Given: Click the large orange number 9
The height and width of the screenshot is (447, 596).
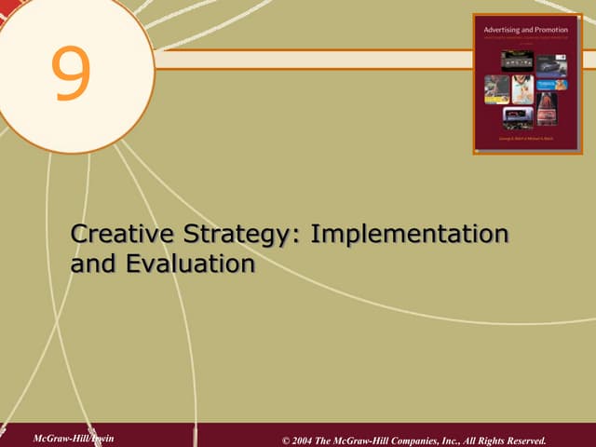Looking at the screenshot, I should tap(72, 74).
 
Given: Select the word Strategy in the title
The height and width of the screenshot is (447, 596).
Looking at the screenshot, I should tap(244, 234).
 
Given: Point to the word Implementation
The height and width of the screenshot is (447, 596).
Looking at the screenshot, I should tap(410, 234).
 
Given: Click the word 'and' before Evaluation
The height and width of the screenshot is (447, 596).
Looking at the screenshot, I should tap(91, 264).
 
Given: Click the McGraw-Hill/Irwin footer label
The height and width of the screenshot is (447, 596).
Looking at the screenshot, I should tap(72, 438).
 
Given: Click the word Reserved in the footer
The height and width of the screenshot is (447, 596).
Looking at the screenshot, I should tap(518, 440).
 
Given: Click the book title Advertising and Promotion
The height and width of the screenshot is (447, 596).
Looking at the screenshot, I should tap(525, 31).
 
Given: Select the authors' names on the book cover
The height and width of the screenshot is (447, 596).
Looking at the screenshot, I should tap(525, 138).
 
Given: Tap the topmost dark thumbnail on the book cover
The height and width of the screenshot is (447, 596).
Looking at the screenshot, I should tap(517, 59).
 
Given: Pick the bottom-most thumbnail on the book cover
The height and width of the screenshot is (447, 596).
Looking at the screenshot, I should tap(518, 116).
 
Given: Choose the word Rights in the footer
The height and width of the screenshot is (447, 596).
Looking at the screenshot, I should tap(472, 440).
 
